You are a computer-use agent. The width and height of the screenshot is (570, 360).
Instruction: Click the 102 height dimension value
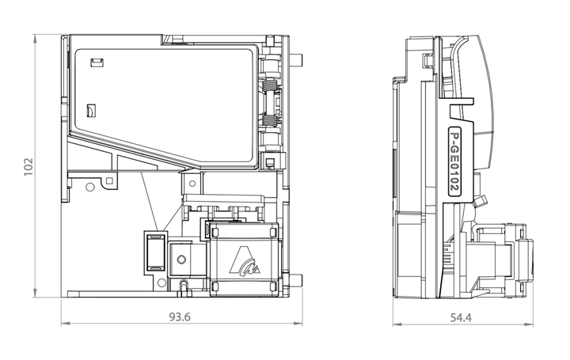click(x=28, y=167)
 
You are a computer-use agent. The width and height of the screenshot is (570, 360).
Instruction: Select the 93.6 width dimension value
click(x=180, y=317)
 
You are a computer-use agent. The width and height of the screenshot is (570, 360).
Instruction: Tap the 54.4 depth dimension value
click(x=461, y=318)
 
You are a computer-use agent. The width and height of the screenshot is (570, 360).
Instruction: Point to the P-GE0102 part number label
click(x=454, y=160)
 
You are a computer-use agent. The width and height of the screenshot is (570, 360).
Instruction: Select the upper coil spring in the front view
click(x=270, y=85)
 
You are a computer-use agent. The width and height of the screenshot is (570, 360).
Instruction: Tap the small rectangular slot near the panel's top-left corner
click(x=97, y=63)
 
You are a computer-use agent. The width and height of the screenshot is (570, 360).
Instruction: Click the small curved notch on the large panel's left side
click(x=90, y=111)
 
